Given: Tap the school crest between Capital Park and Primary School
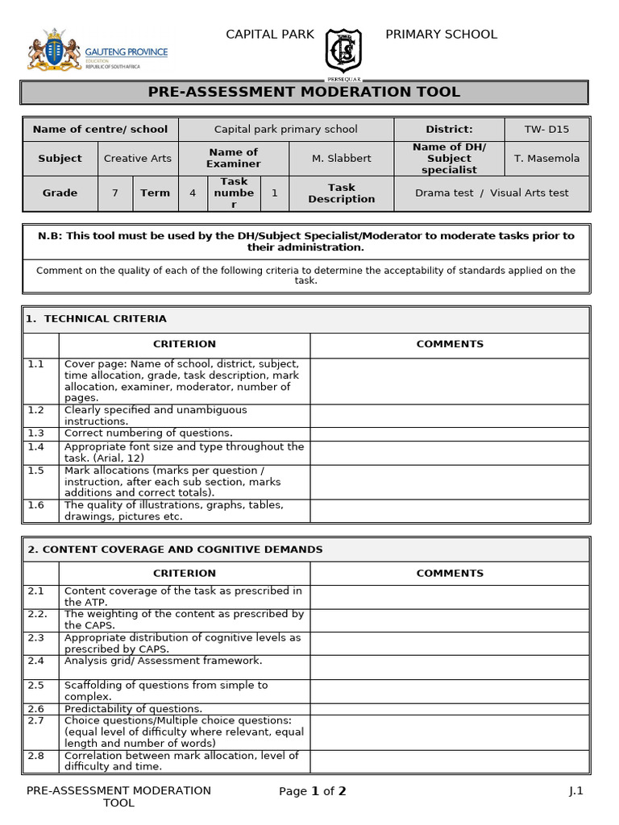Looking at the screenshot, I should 343,52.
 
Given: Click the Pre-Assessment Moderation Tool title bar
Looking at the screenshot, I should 304,92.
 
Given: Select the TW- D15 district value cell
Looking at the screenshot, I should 546,129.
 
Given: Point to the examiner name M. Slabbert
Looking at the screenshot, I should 341,158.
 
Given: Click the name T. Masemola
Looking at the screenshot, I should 546,158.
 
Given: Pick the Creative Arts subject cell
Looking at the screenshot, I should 137,158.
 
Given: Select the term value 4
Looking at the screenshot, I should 192,193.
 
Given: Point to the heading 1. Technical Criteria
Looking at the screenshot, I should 97,319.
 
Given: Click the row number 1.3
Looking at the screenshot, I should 36,433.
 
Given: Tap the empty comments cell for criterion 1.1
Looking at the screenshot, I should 449,380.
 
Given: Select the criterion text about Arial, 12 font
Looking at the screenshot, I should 184,452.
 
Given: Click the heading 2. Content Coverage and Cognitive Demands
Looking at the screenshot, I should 175,549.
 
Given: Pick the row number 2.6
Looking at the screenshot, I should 36,709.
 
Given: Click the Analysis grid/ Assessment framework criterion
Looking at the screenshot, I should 163,661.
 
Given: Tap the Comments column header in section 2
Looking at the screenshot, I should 449,574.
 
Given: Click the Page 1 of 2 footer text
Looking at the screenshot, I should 312,791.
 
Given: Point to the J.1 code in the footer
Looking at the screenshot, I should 575,791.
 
